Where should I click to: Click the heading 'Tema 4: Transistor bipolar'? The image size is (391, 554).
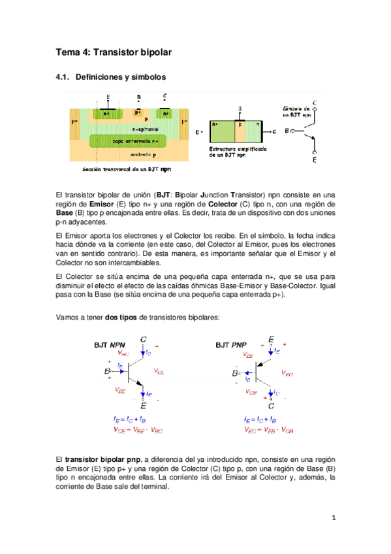[x=114, y=51]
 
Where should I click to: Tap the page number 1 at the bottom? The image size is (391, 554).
[x=333, y=518]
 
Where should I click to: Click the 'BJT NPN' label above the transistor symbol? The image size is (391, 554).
[x=108, y=344]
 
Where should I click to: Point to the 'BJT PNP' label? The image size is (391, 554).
[x=230, y=344]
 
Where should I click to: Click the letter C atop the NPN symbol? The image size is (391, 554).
[x=144, y=339]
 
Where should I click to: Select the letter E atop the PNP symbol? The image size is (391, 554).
[x=271, y=340]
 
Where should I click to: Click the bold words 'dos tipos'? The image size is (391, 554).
[x=121, y=317]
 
